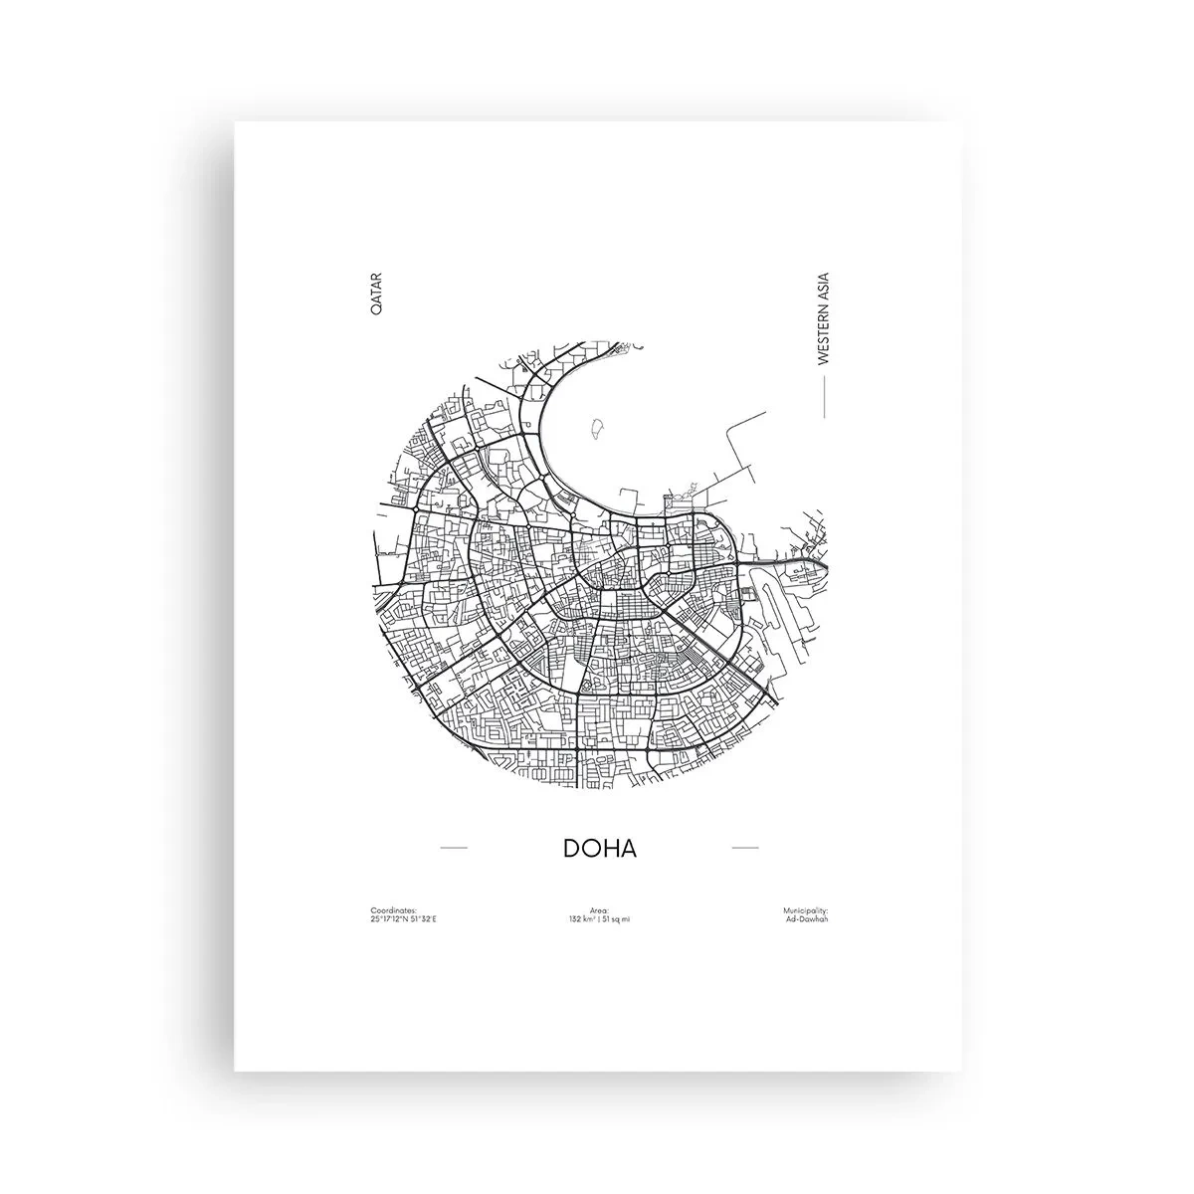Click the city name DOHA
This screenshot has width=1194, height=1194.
tap(599, 849)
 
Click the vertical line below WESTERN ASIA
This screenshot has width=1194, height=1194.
tap(822, 398)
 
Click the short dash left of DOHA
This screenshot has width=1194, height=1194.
tap(454, 848)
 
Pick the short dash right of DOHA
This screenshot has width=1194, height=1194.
tap(745, 848)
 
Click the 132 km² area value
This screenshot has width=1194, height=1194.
tap(581, 918)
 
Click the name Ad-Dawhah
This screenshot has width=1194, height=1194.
tap(807, 918)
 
